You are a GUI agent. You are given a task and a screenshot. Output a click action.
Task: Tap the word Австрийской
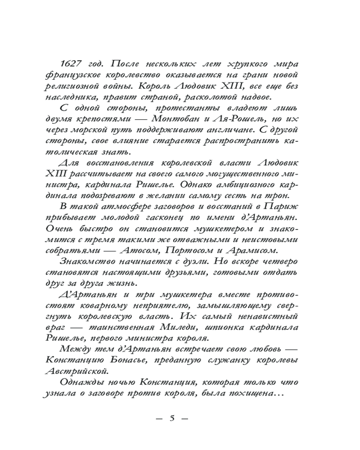(x=82, y=371)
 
